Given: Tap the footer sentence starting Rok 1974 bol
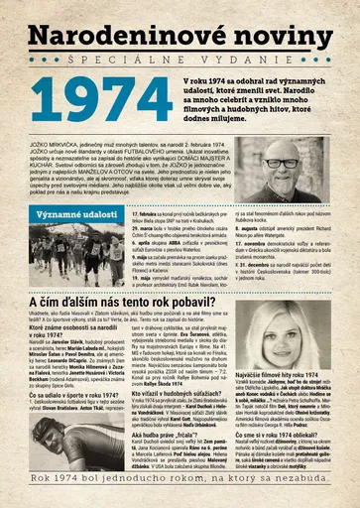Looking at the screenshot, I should [x=180, y=492].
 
